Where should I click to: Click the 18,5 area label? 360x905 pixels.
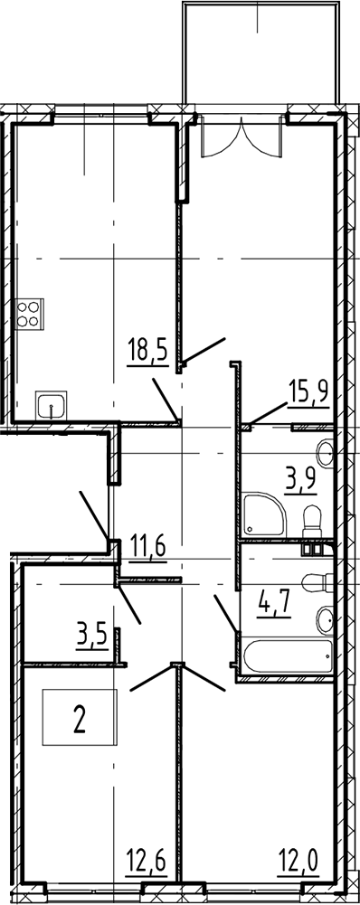tap(148, 352)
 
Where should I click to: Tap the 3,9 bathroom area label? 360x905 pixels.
tap(301, 480)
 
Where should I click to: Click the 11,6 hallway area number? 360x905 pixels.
tap(148, 545)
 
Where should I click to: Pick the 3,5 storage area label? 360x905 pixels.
tap(92, 639)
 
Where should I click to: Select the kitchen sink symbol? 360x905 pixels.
tap(51, 406)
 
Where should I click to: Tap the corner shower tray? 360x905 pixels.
tap(264, 514)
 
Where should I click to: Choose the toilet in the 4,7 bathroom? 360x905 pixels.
tap(318, 583)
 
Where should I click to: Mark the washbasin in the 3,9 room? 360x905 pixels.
tap(326, 453)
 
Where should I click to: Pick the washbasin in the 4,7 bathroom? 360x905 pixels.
tap(325, 620)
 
